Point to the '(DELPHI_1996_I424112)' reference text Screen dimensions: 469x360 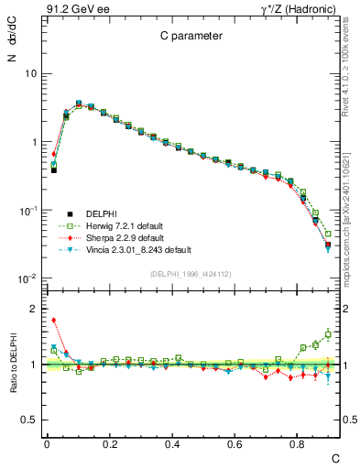tap(191, 272)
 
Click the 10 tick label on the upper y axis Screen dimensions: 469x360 tap(30, 73)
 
